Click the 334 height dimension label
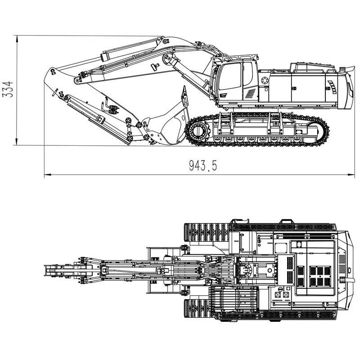(x=7, y=89)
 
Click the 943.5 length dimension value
(x=203, y=165)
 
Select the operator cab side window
(x=230, y=76)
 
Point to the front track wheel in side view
(x=198, y=131)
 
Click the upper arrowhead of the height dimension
(x=17, y=39)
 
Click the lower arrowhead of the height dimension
(x=17, y=142)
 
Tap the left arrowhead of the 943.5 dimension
(x=48, y=175)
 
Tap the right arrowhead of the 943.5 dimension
(x=351, y=175)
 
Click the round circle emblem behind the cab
(x=265, y=80)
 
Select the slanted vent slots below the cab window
(x=250, y=93)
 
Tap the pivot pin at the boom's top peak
(x=165, y=41)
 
